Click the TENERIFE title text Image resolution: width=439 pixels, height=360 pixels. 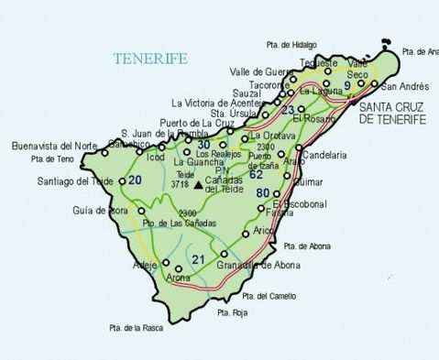[x=151, y=59]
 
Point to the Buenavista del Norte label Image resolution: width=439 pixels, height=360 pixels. [x=55, y=145]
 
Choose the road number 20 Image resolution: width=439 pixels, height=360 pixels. [x=136, y=180]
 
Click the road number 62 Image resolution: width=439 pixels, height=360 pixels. [x=256, y=174]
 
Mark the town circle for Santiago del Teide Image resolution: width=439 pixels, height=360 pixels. [x=121, y=181]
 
